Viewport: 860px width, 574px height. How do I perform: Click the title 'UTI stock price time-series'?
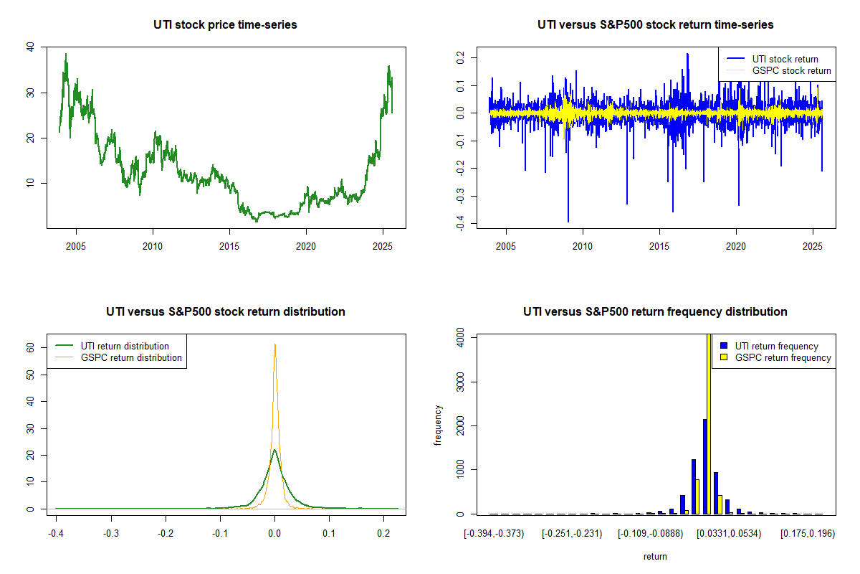[225, 25]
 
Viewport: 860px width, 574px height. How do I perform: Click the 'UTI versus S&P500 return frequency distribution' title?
[655, 312]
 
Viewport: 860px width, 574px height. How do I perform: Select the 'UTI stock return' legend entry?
[785, 59]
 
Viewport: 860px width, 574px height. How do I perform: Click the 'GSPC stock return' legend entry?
[791, 70]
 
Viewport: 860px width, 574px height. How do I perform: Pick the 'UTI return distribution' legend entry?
[125, 346]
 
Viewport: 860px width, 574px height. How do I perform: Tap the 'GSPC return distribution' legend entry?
[131, 357]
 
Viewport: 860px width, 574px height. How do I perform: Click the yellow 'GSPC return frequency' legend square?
[725, 357]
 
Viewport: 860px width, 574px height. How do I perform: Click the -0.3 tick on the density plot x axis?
[110, 534]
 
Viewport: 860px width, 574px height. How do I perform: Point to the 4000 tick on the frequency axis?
[459, 337]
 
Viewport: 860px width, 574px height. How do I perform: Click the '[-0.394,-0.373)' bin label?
[494, 534]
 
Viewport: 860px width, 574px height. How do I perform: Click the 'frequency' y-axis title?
[439, 425]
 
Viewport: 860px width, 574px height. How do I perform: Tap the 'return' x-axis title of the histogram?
[655, 556]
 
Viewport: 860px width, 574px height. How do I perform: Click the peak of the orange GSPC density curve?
[274, 344]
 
